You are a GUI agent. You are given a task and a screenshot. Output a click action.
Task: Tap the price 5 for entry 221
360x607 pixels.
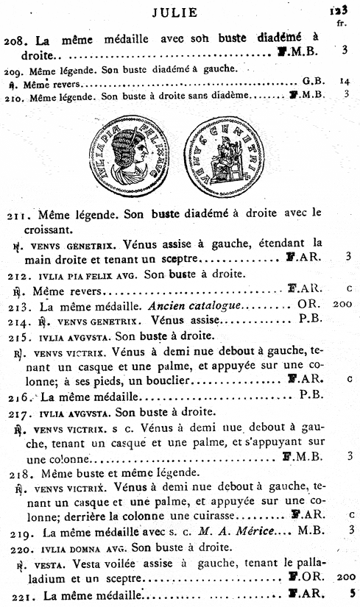click(x=351, y=593)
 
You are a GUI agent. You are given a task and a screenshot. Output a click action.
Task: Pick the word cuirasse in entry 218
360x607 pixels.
click(x=217, y=515)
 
